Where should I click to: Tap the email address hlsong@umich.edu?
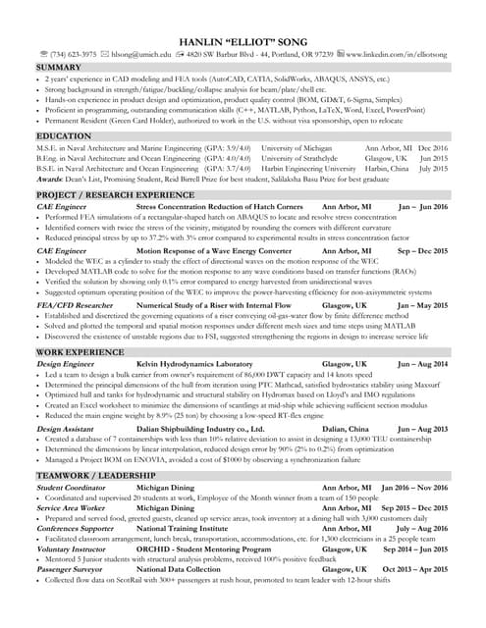[x=133, y=55]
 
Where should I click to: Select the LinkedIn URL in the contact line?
[x=393, y=55]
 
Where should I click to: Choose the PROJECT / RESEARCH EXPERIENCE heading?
[x=115, y=195]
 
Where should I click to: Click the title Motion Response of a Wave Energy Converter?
[x=213, y=251]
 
